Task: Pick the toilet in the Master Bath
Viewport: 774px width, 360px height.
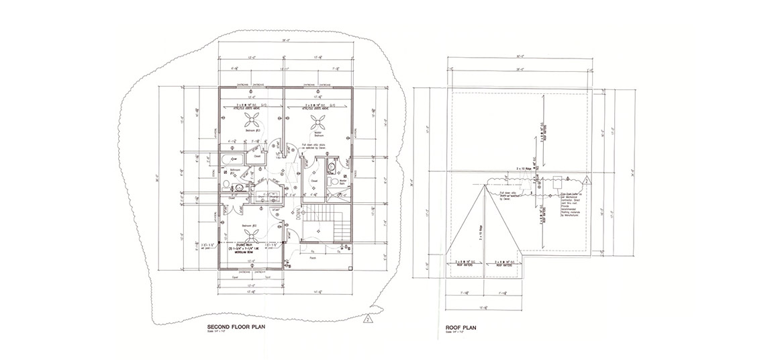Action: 333,167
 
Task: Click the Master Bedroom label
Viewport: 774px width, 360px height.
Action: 328,134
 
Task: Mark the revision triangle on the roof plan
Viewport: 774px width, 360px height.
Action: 587,179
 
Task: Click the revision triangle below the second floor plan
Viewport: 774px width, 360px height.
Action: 368,319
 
